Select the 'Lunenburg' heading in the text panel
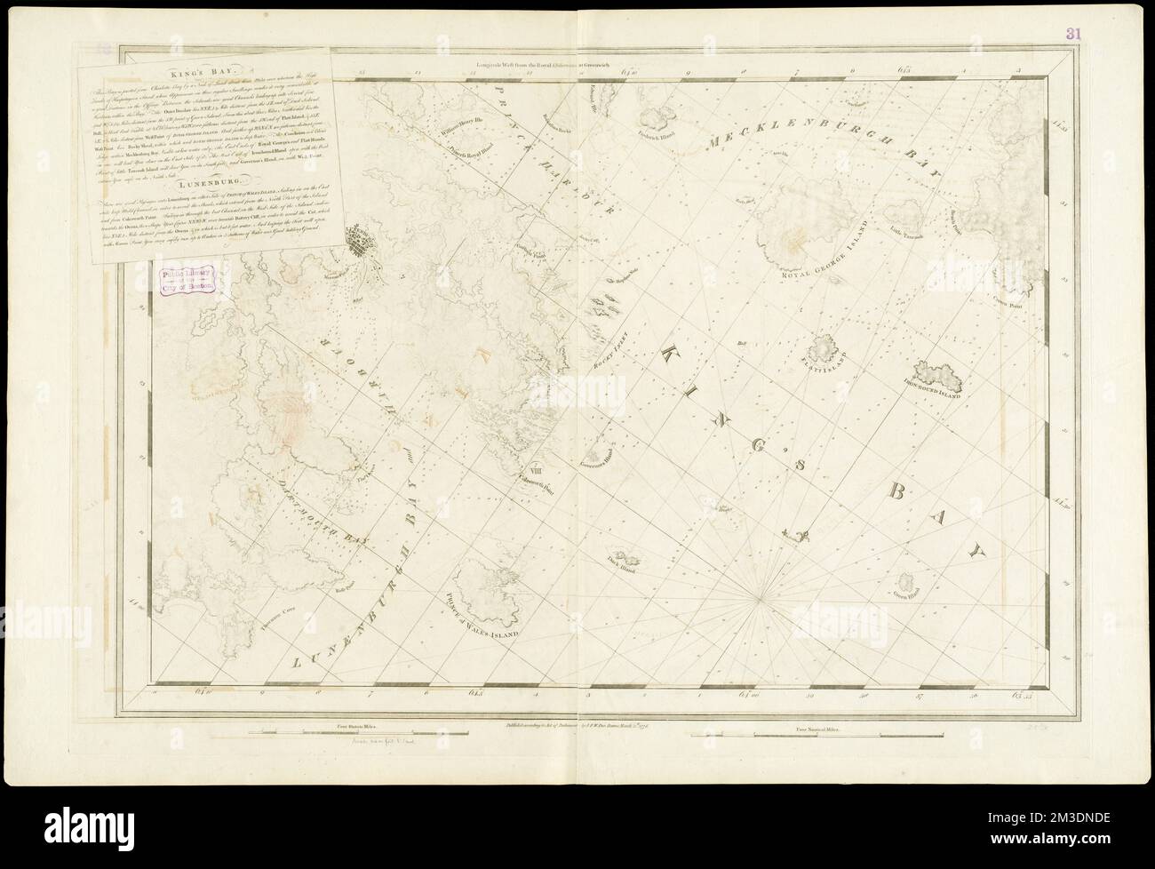coord(203,183)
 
